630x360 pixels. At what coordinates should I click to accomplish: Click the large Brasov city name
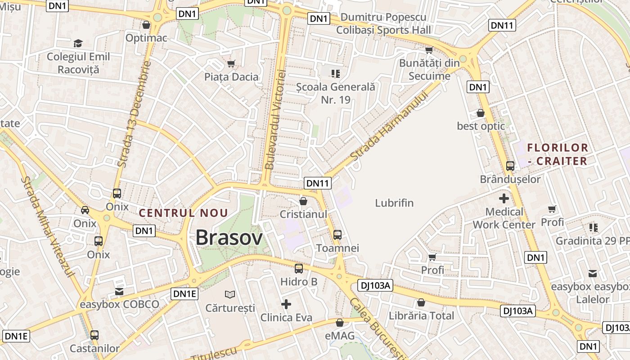pos(229,238)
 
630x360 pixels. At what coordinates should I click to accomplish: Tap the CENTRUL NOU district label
pos(183,213)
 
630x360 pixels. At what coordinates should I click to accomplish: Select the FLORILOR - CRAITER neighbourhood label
pos(558,154)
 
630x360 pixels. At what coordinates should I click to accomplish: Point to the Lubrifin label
pos(394,203)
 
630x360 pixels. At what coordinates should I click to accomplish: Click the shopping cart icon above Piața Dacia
pos(231,63)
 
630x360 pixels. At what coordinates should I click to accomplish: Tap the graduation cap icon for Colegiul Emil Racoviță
pos(78,43)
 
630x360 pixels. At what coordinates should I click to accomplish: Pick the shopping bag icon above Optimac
pos(146,25)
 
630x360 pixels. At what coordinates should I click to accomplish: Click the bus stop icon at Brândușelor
pos(510,166)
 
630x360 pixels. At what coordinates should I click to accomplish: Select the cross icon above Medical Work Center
pos(504,198)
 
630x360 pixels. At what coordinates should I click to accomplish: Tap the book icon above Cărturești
pos(230,294)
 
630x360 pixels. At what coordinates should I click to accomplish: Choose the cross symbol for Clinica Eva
pos(286,304)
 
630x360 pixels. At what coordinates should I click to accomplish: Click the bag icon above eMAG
pos(340,323)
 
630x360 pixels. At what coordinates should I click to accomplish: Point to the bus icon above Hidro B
pos(299,269)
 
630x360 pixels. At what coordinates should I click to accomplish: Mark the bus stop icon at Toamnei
pos(337,234)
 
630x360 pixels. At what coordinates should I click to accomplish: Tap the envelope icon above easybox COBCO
pos(119,292)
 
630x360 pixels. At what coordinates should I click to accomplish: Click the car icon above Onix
pos(85,210)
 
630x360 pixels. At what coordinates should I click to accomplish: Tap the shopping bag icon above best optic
pos(481,113)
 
